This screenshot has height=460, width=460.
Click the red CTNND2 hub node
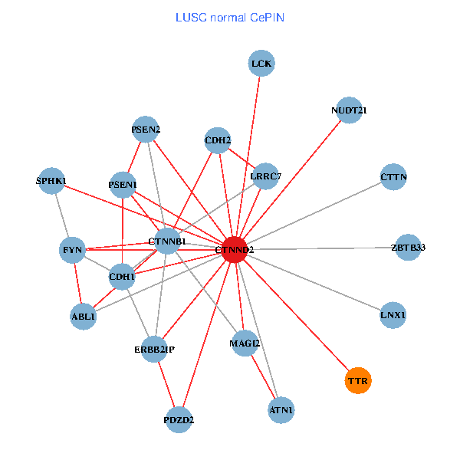click(x=235, y=250)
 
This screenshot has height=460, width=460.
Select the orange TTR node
click(x=358, y=380)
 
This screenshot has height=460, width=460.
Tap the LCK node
click(x=261, y=63)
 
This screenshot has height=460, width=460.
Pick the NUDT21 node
click(x=349, y=110)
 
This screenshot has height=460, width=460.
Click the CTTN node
click(x=393, y=177)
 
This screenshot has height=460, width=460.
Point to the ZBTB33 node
click(x=408, y=247)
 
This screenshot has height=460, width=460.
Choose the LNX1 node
click(x=393, y=315)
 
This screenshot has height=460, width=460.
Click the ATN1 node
click(x=281, y=411)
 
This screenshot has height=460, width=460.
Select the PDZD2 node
click(x=179, y=419)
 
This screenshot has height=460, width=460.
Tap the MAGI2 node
click(x=245, y=343)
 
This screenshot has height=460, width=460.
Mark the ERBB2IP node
click(x=155, y=350)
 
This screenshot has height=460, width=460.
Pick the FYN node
click(x=73, y=250)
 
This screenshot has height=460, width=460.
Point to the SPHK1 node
click(x=51, y=181)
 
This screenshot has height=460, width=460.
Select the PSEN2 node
click(x=146, y=129)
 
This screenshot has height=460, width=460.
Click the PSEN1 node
click(x=123, y=185)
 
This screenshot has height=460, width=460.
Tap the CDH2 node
click(x=218, y=140)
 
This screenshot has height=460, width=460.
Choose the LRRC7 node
click(x=265, y=176)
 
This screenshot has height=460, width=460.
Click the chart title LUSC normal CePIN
click(x=230, y=17)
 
